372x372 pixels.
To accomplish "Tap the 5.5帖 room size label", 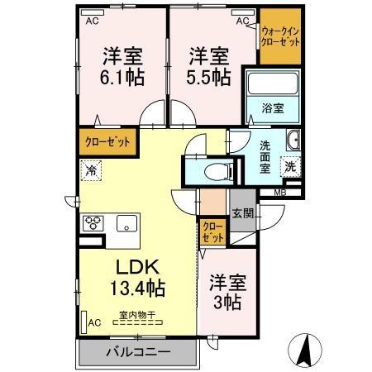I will coord(208,78).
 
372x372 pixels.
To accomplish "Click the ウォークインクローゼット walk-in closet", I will coord(280,37).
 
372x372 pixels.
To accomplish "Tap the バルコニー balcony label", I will coord(137,353).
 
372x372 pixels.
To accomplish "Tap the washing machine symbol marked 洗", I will coord(291,165).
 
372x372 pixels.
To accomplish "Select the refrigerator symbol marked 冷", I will coord(91,171).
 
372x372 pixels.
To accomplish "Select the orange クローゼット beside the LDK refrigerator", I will coord(107,142).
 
